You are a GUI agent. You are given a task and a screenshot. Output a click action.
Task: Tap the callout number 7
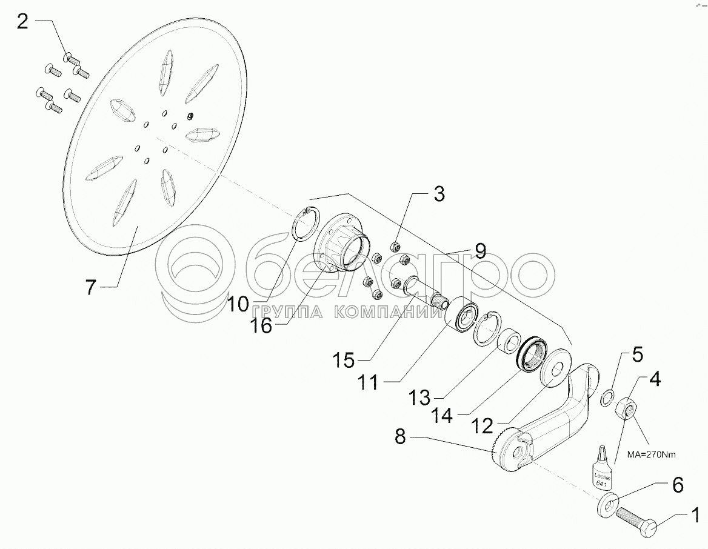coord(91,286)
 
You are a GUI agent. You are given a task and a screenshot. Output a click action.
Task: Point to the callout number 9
coord(480,250)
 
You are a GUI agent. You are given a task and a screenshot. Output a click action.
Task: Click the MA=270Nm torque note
coord(652,454)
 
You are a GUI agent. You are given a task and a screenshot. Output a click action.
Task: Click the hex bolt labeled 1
coord(643,521)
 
